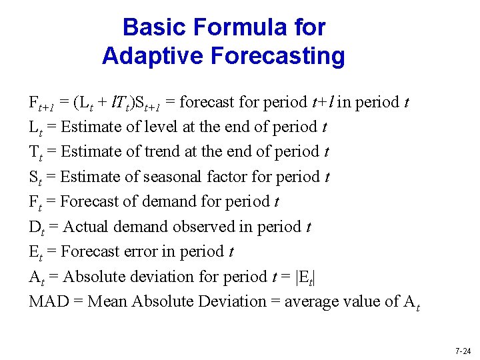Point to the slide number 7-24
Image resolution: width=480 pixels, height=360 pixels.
click(462, 351)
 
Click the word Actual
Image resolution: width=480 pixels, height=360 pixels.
click(87, 227)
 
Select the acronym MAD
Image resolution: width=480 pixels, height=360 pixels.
click(49, 301)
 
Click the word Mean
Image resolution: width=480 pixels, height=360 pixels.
click(108, 301)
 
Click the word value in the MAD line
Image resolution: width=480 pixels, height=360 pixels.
click(363, 301)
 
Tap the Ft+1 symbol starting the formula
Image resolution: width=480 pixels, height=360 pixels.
click(42, 103)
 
